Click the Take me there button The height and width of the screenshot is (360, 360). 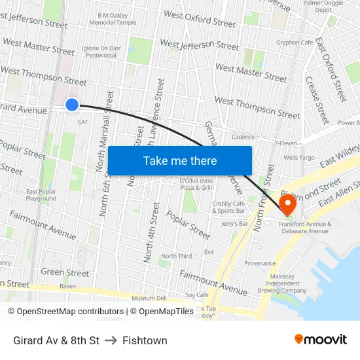tap(179, 160)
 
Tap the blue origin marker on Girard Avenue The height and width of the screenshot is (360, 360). tap(72, 104)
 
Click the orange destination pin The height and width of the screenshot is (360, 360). tap(288, 204)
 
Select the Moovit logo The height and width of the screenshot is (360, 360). tap(320, 340)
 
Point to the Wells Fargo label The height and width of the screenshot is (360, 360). tap(298, 158)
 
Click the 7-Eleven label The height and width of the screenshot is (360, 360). tap(286, 143)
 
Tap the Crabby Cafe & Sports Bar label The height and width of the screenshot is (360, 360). tap(229, 207)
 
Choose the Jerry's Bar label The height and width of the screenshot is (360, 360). tap(234, 224)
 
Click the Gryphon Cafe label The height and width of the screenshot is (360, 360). tap(295, 43)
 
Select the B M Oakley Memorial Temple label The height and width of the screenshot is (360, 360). tap(117, 18)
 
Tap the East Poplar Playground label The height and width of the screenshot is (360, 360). tap(41, 195)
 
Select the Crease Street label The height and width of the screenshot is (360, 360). tap(317, 101)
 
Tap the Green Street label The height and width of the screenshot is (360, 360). tap(65, 272)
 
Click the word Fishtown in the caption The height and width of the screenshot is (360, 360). tap(145, 340)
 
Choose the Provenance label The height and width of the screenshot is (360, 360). tap(260, 263)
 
